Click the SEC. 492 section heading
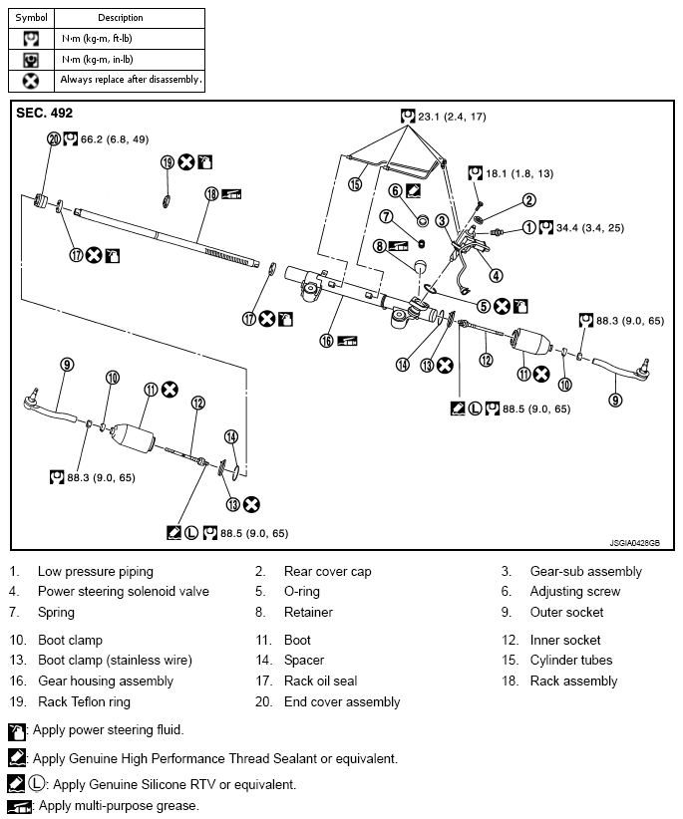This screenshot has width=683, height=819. coord(45,114)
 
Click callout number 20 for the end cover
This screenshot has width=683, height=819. coord(54,138)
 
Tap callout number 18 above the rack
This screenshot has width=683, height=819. coord(211,194)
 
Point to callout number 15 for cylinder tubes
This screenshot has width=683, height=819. coord(356,184)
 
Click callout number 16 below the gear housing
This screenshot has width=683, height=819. coord(325,341)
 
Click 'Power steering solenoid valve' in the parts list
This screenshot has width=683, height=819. coord(124,591)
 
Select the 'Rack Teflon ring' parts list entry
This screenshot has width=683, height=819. coord(84,701)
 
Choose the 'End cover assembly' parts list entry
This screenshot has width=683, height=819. coord(342,701)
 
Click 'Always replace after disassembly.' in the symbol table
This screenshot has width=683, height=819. coord(131,79)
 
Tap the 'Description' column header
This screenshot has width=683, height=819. coord(121,18)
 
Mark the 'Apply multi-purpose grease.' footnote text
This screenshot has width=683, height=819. coord(116,805)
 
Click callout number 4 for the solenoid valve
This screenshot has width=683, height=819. coord(496,276)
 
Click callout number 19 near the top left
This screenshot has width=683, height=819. coord(168,161)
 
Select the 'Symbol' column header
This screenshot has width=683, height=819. coord(31,18)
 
